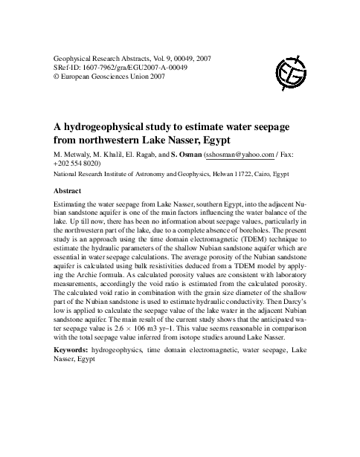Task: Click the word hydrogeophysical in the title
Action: pyautogui.click(x=112, y=127)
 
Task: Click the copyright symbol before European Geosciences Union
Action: pyautogui.click(x=59, y=77)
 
